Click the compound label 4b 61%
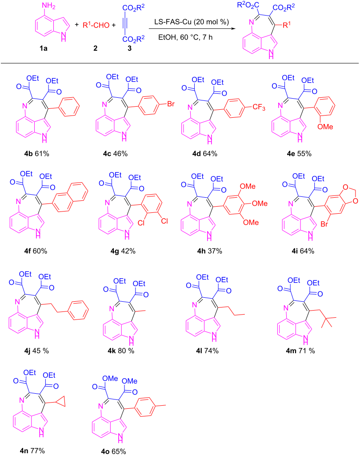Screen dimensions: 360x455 coord(36,153)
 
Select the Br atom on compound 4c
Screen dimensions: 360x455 coord(171,104)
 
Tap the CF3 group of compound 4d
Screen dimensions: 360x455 coord(259,108)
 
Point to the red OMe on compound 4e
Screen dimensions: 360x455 coord(325,127)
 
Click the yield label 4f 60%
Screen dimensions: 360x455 coord(36,251)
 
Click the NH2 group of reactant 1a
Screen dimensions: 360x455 coord(48,6)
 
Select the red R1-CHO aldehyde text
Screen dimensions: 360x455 coord(96,25)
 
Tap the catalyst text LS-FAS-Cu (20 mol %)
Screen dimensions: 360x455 coord(192,22)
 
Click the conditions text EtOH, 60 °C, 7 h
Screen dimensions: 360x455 coord(185,37)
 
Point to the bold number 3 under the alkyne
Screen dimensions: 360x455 coord(129,48)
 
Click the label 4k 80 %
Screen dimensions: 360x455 coord(121,351)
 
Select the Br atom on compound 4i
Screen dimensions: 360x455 coord(324,224)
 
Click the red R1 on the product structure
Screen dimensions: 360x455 coord(287,25)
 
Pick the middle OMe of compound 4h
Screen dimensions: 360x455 coord(260,204)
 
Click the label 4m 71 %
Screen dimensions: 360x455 coord(300,351)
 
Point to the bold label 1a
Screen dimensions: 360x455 coord(44,48)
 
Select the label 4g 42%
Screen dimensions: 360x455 coord(123,251)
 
